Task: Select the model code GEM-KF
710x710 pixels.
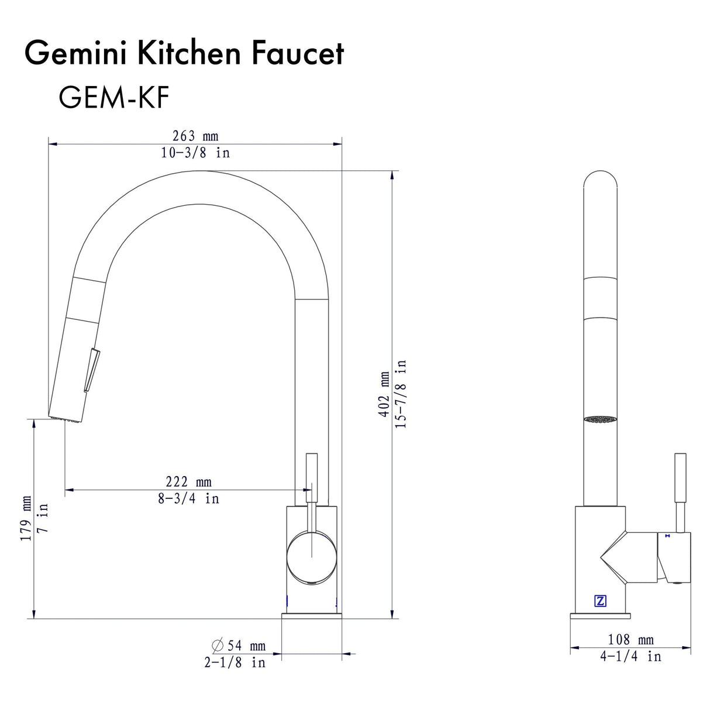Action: click(113, 98)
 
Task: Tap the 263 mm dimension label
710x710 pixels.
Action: click(195, 136)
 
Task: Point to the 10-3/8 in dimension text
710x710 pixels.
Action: click(195, 153)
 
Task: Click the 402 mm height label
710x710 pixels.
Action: click(384, 394)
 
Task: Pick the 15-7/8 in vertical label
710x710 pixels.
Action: click(401, 394)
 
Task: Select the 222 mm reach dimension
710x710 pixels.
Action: click(188, 481)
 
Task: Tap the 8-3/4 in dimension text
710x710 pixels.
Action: click(188, 498)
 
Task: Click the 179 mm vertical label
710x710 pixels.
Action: click(26, 518)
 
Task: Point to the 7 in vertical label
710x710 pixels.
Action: click(43, 518)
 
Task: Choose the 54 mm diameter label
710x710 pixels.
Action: click(239, 645)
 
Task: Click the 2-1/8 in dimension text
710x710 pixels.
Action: click(235, 662)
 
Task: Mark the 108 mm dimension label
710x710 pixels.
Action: click(630, 639)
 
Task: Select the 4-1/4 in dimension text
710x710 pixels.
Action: click(630, 656)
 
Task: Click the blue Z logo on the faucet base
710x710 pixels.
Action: click(600, 601)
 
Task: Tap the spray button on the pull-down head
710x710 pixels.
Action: click(92, 369)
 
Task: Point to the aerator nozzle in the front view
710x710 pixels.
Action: click(600, 419)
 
